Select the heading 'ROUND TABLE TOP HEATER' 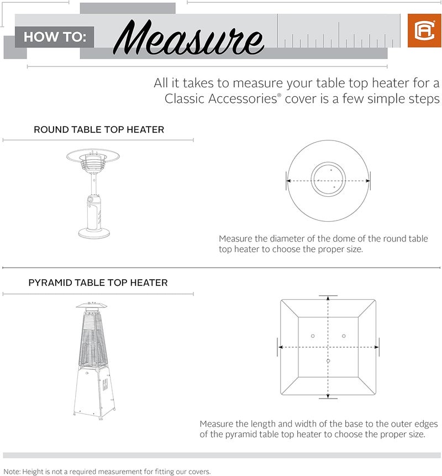[x=99, y=130]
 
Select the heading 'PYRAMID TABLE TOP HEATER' [x=98, y=283]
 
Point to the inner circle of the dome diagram [x=328, y=180]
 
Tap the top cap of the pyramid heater [x=92, y=305]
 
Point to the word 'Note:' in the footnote [x=10, y=472]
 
